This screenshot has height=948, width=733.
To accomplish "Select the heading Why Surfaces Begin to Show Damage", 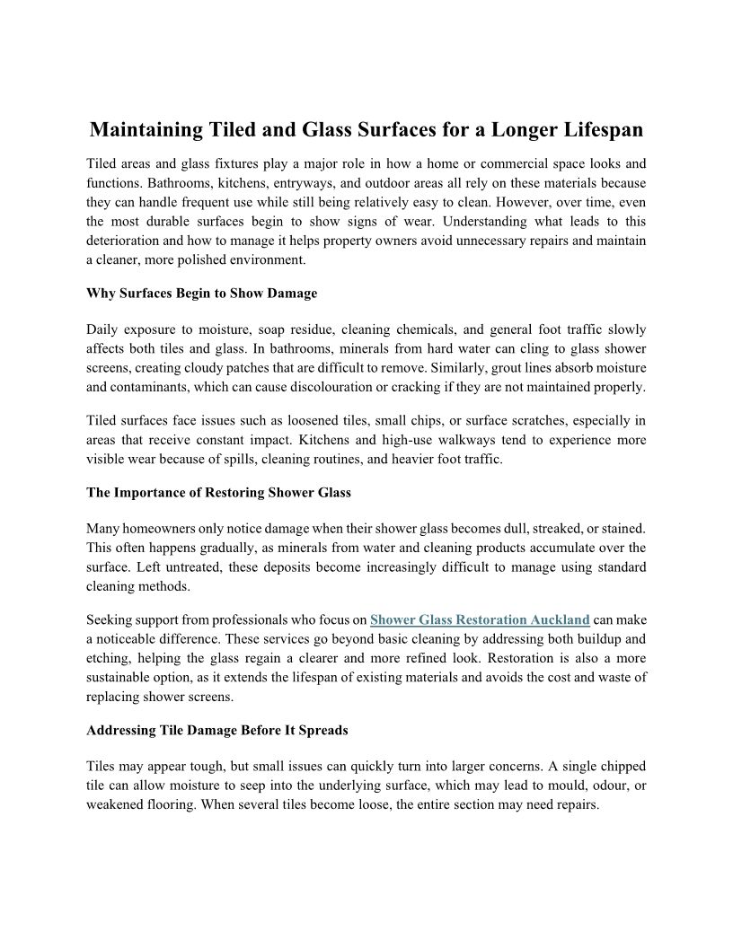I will (x=202, y=294).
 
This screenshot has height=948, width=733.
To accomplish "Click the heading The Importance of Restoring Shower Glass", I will (x=218, y=493).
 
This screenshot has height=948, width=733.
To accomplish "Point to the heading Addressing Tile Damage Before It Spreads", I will (x=217, y=731).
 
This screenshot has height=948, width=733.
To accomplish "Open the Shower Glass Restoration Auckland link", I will (x=480, y=619).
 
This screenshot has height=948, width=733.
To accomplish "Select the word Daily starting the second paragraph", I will (x=103, y=329).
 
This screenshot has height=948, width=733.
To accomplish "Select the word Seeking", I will (x=110, y=619).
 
